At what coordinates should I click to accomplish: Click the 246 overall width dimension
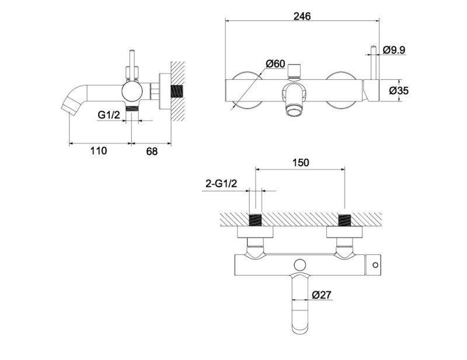coord(302,16)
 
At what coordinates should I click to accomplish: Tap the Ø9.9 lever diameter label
coord(393,50)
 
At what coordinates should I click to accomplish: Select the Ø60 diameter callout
coord(276,64)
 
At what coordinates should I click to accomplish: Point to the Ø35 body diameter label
coord(399,90)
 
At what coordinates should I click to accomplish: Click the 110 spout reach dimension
coord(99,151)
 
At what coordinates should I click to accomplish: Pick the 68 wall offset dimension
coord(152,151)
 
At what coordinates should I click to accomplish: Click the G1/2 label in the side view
coord(109,114)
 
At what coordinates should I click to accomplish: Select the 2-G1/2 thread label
coord(221,183)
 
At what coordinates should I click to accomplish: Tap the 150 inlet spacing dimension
coord(301,163)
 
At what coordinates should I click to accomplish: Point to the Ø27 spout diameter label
coord(322,295)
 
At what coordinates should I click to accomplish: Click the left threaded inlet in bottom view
coord(255,221)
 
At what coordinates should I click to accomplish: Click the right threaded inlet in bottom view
coord(346,221)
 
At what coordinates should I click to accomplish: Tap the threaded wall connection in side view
coord(177,91)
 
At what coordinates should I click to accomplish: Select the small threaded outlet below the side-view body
coord(133,109)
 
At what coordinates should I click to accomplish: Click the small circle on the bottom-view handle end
coord(375,265)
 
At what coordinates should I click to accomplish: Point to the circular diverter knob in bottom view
coord(300,265)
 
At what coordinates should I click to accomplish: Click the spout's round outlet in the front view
coord(293,113)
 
